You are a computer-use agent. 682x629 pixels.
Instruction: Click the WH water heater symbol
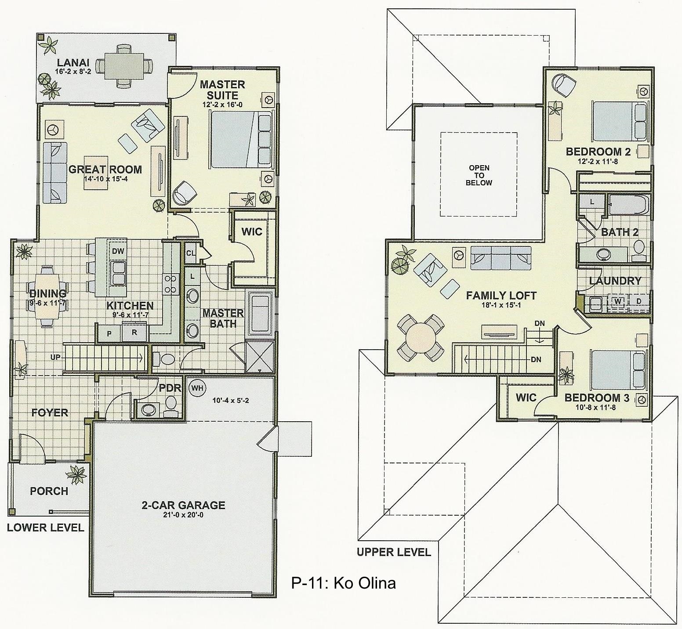[197, 388]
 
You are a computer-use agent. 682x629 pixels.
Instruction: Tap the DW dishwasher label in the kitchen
[117, 252]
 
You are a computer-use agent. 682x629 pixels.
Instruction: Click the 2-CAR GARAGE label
[183, 505]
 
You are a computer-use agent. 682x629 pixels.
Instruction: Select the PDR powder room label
[170, 388]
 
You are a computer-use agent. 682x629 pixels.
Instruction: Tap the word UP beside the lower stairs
[55, 357]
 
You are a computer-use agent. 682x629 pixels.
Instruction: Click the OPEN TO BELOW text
[479, 175]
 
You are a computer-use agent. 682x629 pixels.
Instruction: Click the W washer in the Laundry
[618, 302]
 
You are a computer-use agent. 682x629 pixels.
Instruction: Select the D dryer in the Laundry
[639, 302]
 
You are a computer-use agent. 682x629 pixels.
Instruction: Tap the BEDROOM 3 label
[597, 398]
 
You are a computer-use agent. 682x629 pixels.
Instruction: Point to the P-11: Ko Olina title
[343, 583]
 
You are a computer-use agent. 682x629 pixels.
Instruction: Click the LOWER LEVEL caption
[45, 528]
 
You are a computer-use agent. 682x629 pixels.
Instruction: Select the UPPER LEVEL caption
[394, 552]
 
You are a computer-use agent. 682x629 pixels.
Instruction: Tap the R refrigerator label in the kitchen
[134, 333]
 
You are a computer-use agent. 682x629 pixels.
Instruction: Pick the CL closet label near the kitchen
[191, 253]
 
